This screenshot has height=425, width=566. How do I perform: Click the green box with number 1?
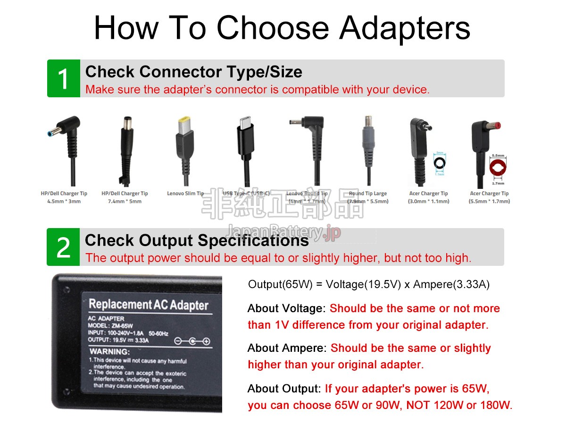(63, 79)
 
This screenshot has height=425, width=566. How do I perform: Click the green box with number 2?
(63, 247)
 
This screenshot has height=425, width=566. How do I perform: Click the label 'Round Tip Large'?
(368, 194)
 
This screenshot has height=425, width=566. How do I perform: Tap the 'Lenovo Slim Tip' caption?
(185, 194)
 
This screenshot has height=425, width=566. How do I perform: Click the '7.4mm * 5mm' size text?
(125, 202)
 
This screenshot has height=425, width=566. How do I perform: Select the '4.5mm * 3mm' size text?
(64, 202)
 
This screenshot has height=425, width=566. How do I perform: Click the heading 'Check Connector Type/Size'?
(193, 72)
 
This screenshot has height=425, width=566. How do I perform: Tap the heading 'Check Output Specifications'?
(197, 240)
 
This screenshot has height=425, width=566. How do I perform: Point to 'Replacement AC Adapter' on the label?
(148, 305)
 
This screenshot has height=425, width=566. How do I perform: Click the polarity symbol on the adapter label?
(192, 341)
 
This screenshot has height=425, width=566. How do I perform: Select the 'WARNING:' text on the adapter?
(109, 351)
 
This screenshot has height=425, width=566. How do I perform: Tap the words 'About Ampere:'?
(287, 348)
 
